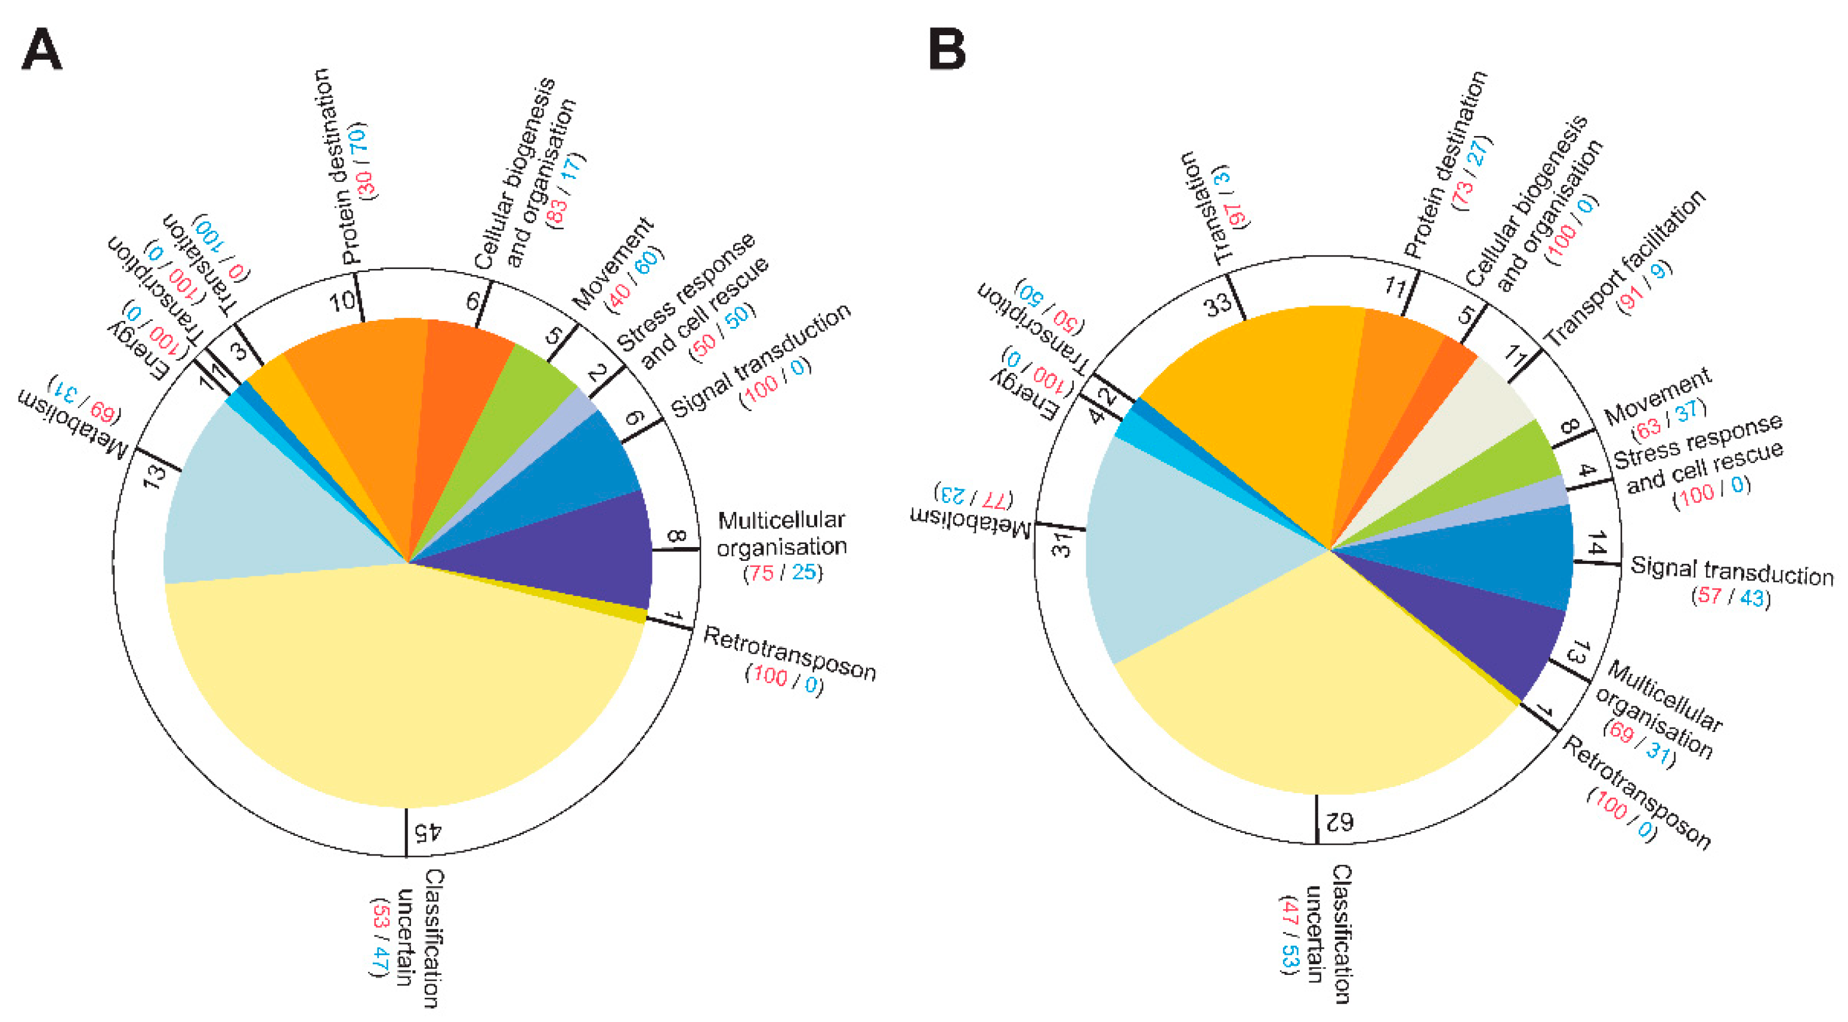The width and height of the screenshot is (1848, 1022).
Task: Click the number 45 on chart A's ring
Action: (x=428, y=832)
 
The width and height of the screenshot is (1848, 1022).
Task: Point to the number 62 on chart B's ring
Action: (x=1339, y=820)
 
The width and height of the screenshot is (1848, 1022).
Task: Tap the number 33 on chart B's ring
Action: (x=1217, y=305)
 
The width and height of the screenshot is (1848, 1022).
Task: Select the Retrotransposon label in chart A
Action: (x=789, y=653)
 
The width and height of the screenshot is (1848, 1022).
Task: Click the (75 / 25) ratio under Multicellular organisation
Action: (x=782, y=573)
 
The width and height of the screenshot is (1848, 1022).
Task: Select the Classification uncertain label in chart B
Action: (x=1327, y=933)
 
